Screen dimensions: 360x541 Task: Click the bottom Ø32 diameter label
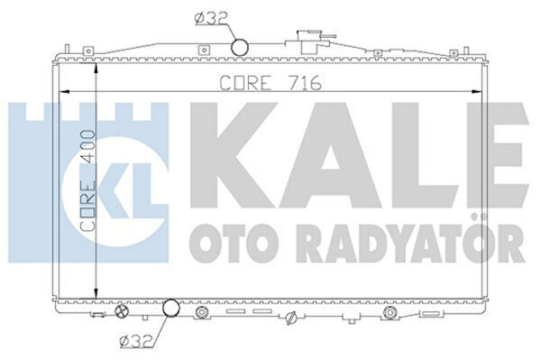(x=133, y=340)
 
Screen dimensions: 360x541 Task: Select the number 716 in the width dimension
(x=306, y=83)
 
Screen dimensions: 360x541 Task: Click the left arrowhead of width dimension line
(x=61, y=91)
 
